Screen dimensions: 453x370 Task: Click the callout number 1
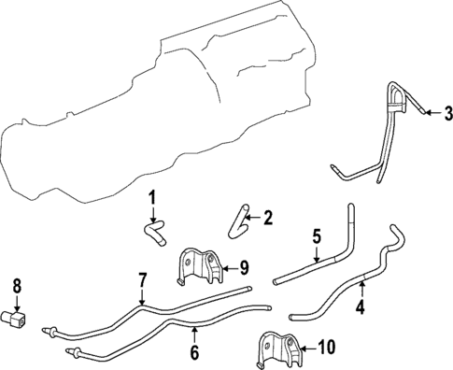(151, 198)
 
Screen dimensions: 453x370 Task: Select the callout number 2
(267, 218)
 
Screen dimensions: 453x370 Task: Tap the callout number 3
(448, 113)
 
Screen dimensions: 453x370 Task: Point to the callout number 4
(361, 307)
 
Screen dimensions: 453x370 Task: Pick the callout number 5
(317, 236)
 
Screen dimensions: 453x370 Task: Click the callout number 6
(194, 352)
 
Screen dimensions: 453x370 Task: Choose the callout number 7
(142, 280)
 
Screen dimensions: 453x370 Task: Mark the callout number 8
(17, 286)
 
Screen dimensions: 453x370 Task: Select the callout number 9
(244, 268)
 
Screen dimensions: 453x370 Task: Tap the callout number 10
(326, 347)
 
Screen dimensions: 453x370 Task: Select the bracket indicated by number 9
(202, 265)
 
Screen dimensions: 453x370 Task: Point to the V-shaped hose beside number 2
(239, 225)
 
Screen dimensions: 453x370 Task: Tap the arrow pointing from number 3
(433, 113)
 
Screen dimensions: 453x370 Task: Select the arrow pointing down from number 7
(142, 296)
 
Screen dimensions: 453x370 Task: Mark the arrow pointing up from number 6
(194, 335)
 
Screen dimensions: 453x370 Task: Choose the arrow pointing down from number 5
(317, 253)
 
